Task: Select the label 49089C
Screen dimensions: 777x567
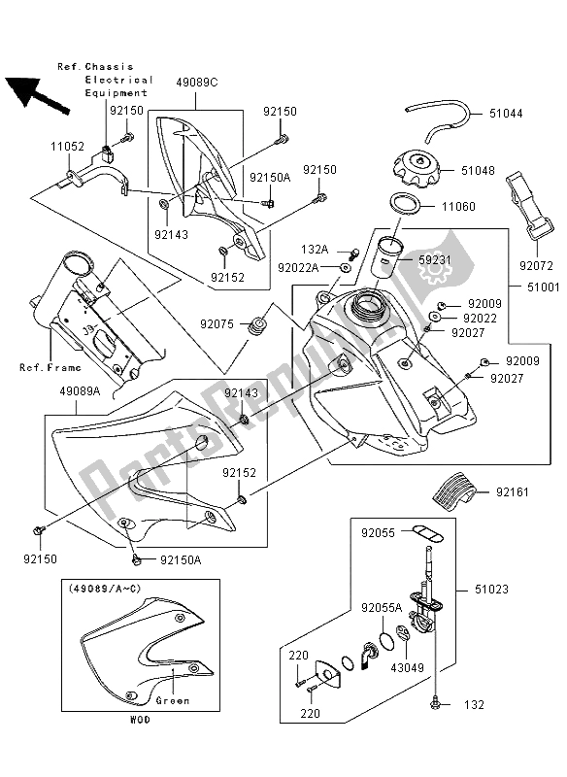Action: pyautogui.click(x=198, y=84)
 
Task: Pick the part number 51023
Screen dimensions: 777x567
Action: pyautogui.click(x=518, y=589)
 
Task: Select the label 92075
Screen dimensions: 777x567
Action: pyautogui.click(x=219, y=323)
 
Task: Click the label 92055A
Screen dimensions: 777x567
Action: pyautogui.click(x=382, y=607)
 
